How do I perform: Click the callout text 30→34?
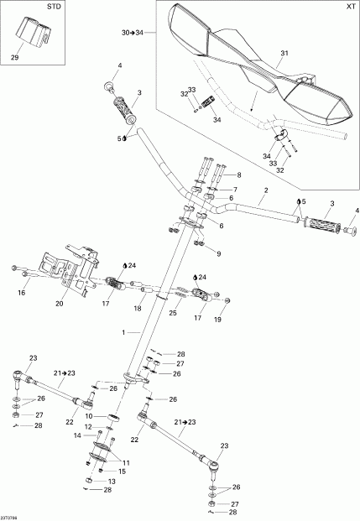pos(133,32)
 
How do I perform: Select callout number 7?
pos(235,190)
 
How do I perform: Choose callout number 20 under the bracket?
pos(60,305)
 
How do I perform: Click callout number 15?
pos(122,472)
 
